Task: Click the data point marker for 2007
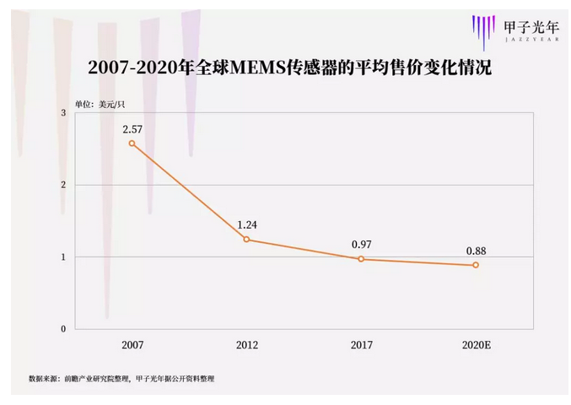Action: (132, 143)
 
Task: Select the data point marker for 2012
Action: (246, 240)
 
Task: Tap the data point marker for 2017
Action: (361, 259)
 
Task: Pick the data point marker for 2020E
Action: (476, 265)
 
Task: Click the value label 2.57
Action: (132, 129)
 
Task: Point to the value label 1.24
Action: (247, 224)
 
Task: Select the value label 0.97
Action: (362, 245)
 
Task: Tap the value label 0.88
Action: (476, 251)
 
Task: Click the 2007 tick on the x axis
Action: (132, 345)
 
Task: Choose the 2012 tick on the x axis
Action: (247, 345)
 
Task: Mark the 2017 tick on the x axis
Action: (362, 345)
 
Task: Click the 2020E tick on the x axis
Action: (476, 345)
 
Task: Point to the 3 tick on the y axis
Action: (62, 113)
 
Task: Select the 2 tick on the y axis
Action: (62, 185)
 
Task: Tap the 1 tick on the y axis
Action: (62, 256)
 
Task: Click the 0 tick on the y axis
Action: (62, 329)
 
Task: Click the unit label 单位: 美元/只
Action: (99, 103)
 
